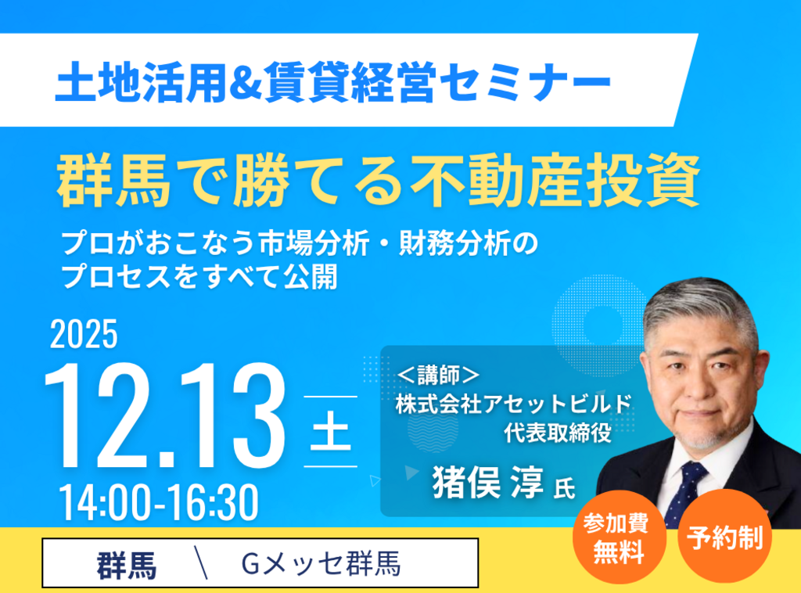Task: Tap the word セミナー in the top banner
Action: pos(525,81)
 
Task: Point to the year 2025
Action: pos(84,335)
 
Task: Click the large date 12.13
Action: pos(164,415)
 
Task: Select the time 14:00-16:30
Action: pos(159,502)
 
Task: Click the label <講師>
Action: pos(439,376)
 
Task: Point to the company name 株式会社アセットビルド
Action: pos(513,404)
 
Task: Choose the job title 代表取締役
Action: pos(557,433)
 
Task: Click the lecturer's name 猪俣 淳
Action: pos(488,482)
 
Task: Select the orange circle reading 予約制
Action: pos(724,537)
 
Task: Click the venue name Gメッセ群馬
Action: pos(321,564)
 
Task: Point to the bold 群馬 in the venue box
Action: pos(127,566)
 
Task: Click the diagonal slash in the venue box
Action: pos(201,562)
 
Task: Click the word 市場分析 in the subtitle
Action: pos(314,243)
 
